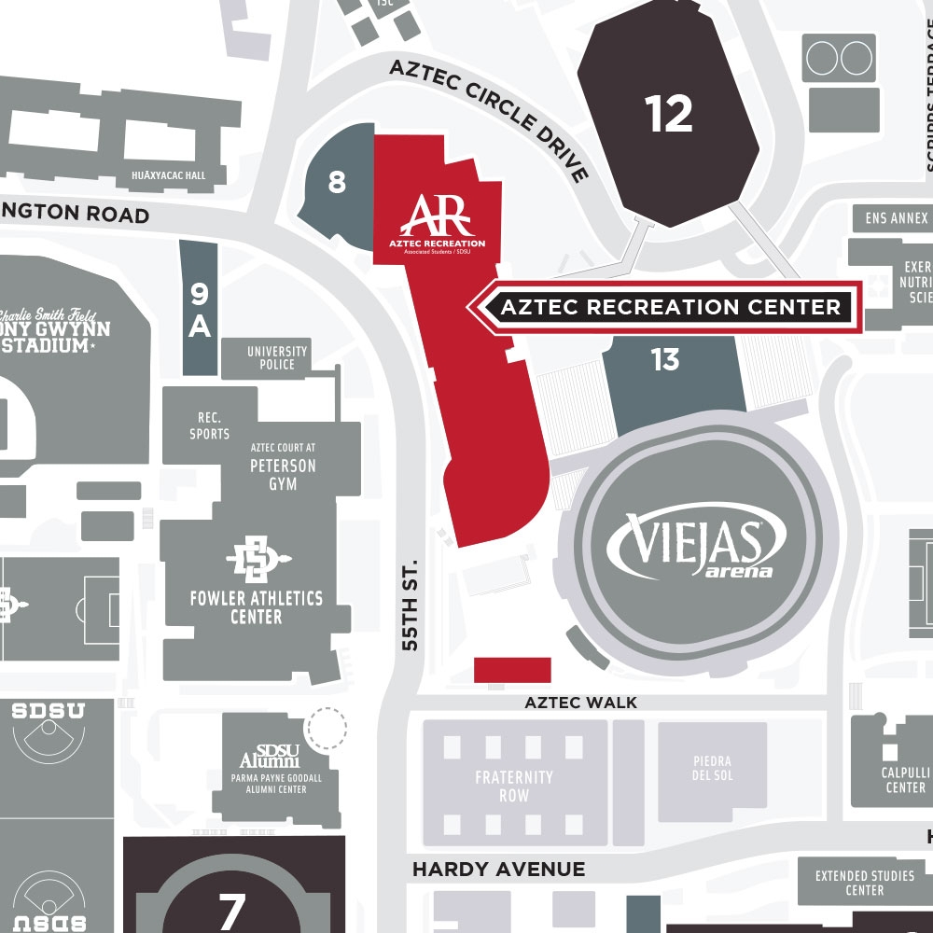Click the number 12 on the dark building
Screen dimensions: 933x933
669,114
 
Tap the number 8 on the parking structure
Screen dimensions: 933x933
337,182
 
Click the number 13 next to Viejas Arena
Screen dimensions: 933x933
665,359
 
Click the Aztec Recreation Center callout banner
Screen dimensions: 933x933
670,307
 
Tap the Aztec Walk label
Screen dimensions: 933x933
580,703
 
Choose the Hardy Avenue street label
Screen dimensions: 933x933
499,869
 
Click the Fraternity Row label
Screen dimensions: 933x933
514,786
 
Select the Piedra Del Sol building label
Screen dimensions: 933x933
712,769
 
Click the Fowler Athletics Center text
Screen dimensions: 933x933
256,606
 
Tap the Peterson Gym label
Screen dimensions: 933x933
283,474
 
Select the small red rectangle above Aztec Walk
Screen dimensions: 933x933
512,671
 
